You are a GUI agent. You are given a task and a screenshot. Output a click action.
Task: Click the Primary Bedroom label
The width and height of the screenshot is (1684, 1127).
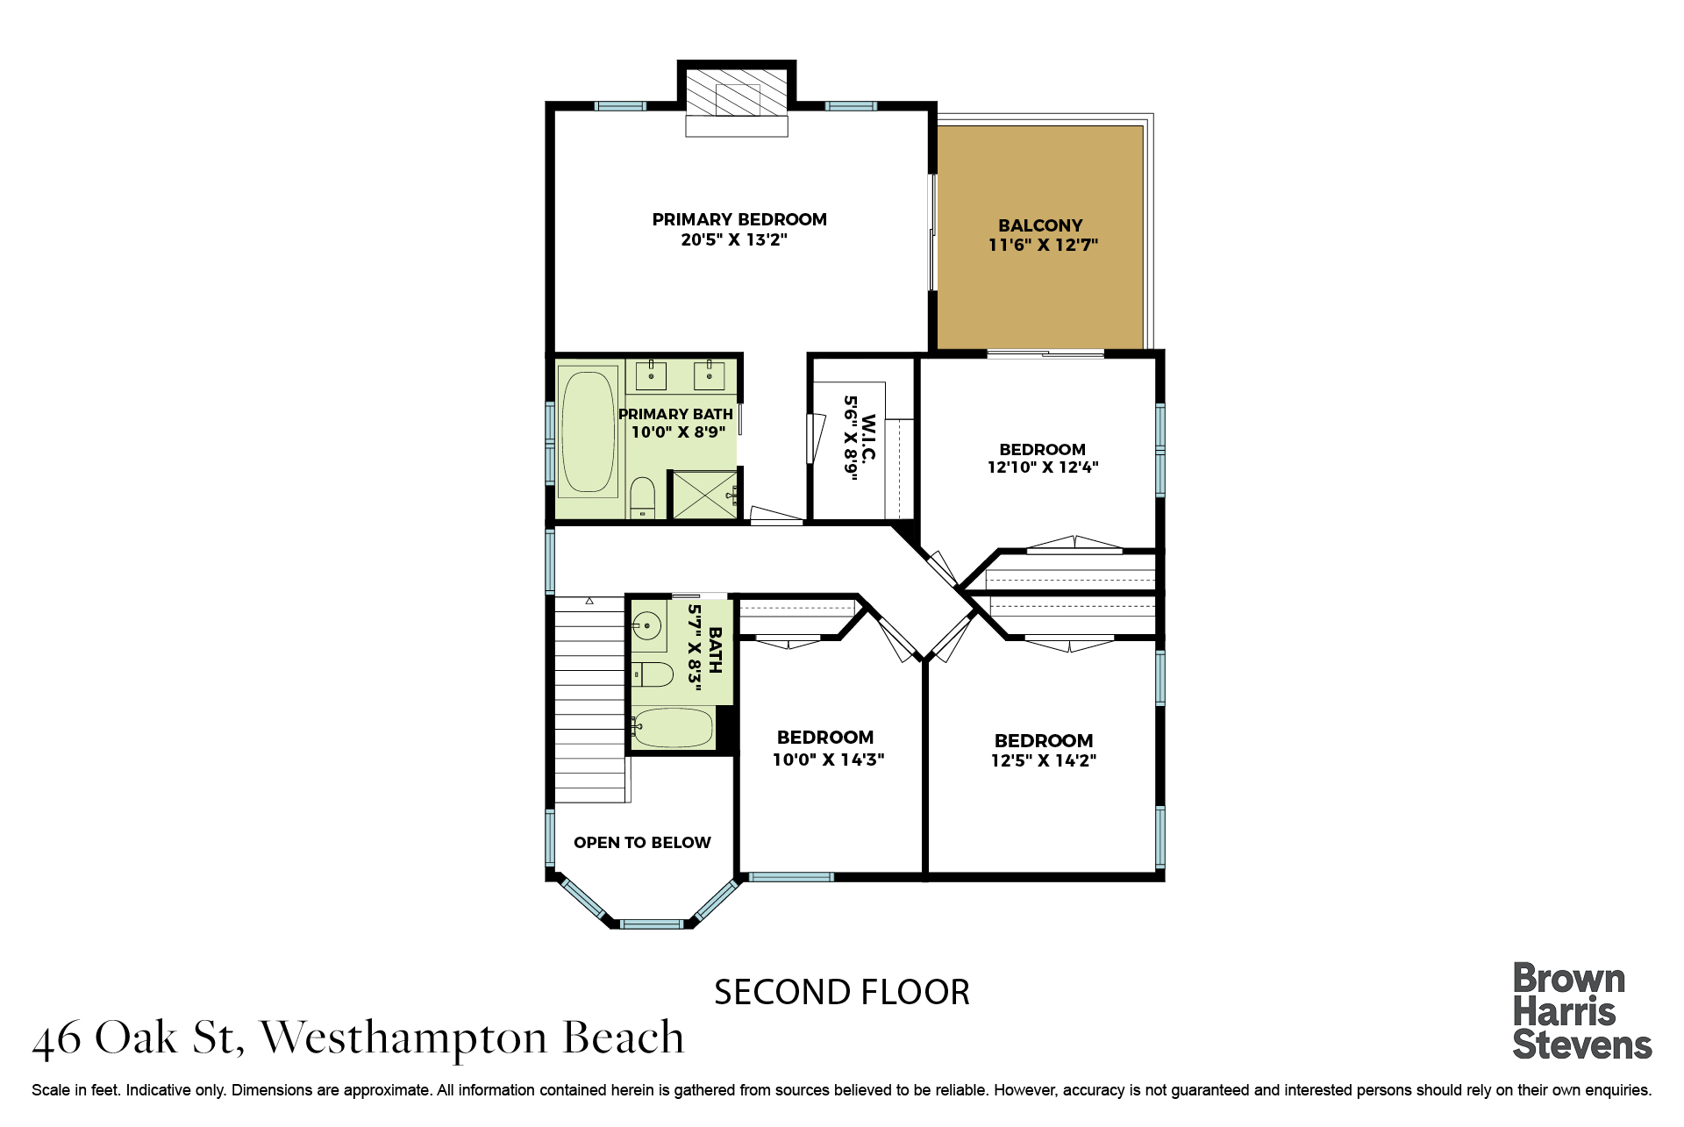(x=739, y=219)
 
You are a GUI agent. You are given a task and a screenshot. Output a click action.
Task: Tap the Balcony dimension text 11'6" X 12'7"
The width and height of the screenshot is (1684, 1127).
(x=1043, y=245)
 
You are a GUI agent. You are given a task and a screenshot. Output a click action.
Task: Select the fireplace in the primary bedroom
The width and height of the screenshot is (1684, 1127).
(x=737, y=98)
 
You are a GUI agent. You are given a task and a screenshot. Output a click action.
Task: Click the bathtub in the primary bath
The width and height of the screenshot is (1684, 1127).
(x=588, y=432)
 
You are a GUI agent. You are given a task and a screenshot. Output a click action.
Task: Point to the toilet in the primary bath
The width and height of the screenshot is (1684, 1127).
(x=643, y=497)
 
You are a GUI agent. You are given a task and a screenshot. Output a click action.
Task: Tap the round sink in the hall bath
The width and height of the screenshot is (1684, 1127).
(x=646, y=625)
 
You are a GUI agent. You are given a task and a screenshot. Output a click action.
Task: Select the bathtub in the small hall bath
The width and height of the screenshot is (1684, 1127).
(x=673, y=728)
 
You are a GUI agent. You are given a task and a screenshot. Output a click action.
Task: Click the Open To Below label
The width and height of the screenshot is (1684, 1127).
(x=642, y=843)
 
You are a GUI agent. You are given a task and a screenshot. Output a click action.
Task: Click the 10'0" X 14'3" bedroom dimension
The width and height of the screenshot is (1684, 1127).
(x=828, y=760)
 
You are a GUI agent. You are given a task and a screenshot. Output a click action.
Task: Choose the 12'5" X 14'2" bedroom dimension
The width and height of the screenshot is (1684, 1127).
(x=1044, y=760)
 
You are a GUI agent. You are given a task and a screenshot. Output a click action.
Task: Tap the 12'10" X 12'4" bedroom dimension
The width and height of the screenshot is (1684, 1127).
(x=1043, y=467)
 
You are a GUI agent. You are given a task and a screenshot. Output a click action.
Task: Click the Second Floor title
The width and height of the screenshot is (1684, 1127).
(x=842, y=993)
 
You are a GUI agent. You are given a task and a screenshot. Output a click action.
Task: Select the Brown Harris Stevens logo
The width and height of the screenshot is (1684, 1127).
(x=1581, y=1011)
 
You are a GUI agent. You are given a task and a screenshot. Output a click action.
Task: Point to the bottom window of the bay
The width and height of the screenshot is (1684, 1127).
(x=651, y=924)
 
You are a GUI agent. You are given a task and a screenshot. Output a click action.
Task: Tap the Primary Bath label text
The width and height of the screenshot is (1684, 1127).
(x=675, y=414)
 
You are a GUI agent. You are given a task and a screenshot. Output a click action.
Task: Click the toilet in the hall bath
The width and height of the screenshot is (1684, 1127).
(x=653, y=674)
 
